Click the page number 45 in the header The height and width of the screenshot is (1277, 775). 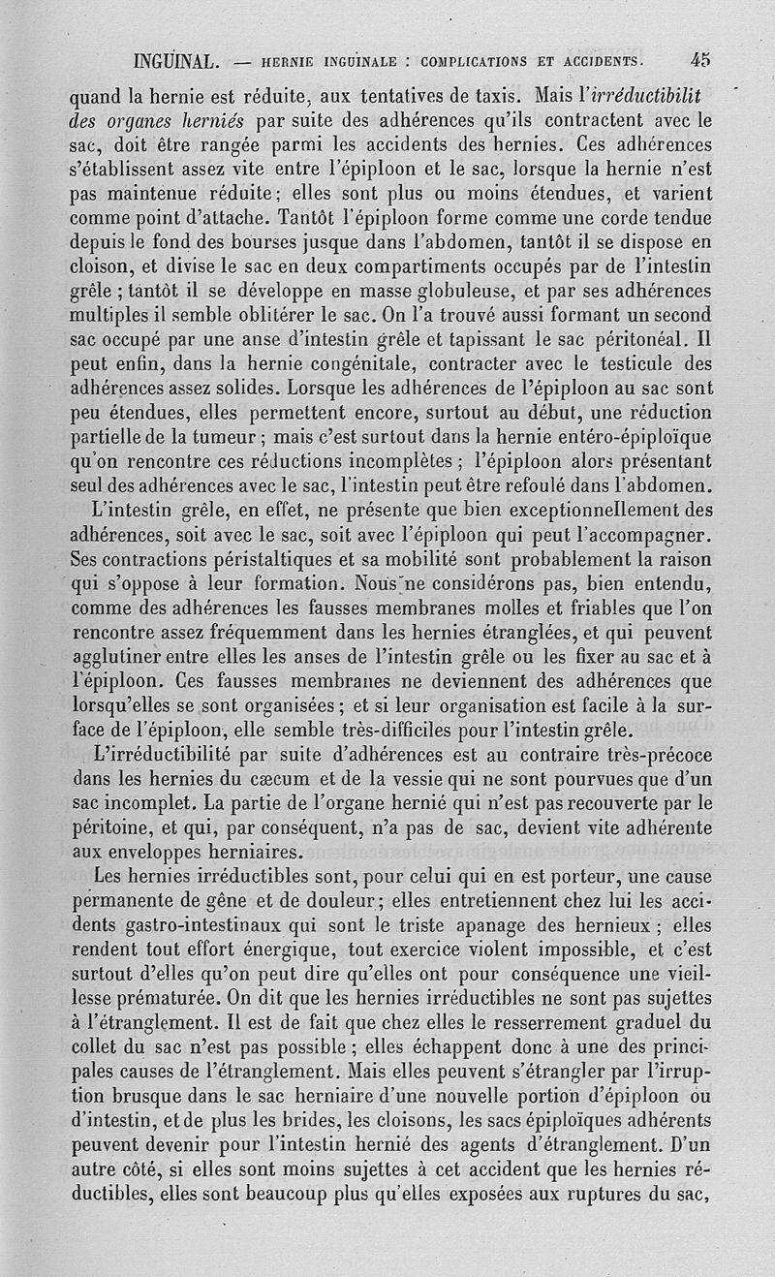pos(700,58)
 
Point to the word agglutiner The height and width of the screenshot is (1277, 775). pos(119,661)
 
